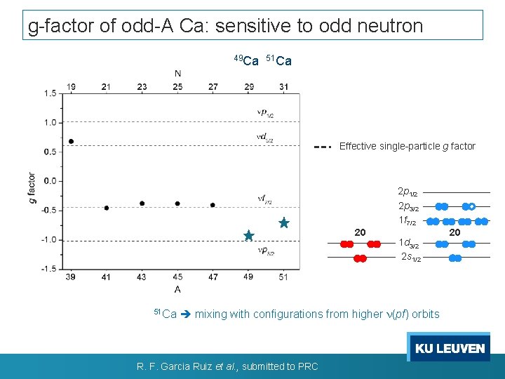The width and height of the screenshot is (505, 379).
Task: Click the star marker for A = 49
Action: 249,236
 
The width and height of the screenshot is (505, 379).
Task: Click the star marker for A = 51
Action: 283,222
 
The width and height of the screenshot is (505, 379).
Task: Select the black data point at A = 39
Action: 72,141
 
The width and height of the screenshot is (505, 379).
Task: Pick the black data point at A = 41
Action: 107,208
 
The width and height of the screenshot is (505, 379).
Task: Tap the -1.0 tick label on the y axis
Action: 48,239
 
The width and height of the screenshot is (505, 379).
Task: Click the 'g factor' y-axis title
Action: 32,187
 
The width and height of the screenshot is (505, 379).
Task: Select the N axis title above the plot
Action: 178,73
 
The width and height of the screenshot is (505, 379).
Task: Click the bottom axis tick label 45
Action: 177,278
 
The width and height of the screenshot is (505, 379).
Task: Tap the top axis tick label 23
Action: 142,87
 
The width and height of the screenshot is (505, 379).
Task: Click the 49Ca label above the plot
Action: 246,60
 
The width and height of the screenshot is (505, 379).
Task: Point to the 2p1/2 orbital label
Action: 408,192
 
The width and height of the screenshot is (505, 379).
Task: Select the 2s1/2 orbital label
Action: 410,258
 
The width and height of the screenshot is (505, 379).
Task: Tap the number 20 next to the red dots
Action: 360,232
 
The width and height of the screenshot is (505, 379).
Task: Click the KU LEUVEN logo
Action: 450,348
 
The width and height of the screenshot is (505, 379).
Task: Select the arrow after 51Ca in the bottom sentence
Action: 186,314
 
